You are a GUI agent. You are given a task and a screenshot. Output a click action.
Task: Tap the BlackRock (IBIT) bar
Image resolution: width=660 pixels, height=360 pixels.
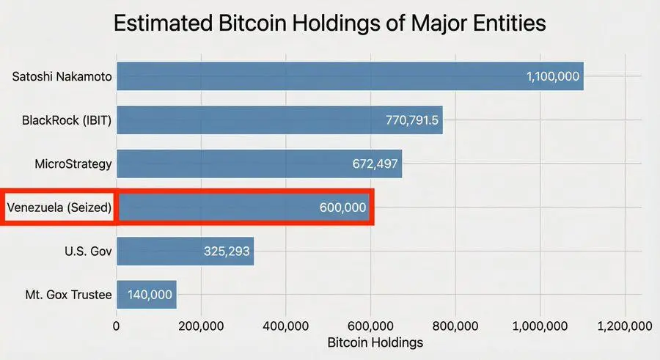249,120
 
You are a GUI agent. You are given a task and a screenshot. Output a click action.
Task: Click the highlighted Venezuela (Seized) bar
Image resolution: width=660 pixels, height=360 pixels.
220,207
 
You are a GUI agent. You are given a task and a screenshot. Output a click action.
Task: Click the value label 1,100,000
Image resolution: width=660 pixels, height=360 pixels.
553,76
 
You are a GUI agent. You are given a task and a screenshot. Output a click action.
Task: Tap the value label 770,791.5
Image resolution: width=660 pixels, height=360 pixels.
412,120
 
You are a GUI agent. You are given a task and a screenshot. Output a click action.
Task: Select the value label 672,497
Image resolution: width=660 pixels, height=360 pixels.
373,164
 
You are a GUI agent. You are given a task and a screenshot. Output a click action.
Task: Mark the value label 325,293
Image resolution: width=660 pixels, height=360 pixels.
227,252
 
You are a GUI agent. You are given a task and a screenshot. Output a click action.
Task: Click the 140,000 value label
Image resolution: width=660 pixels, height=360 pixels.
150,295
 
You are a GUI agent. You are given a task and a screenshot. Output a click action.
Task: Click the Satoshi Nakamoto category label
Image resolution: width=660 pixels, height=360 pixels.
63,76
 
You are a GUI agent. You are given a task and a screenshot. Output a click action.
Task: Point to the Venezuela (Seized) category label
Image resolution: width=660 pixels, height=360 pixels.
59,207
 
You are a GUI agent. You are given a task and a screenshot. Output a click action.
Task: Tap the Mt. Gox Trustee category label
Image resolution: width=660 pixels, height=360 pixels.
68,295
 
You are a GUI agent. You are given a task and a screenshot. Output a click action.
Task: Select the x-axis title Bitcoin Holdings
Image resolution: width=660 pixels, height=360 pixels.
375,342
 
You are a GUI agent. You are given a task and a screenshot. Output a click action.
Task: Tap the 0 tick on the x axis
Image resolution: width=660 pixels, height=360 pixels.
117,326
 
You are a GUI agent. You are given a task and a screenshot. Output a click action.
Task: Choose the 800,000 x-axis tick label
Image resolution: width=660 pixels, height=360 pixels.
455,326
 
